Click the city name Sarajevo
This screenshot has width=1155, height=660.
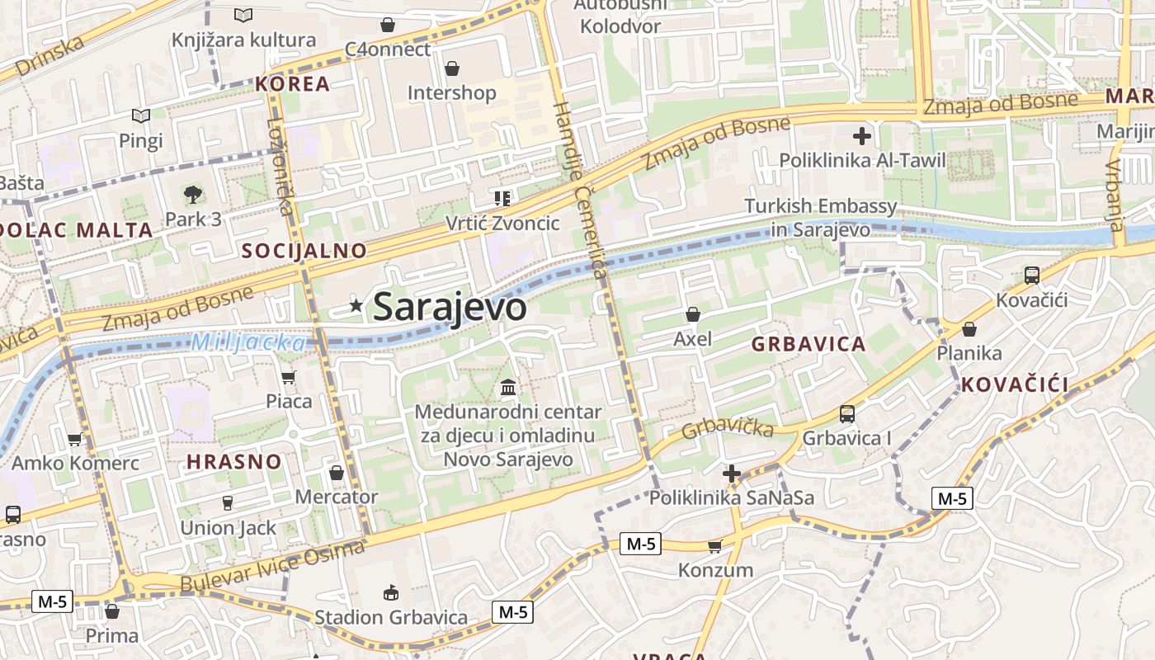[x=450, y=307]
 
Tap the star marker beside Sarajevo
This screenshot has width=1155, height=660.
[x=356, y=305]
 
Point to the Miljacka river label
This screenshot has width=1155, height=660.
[x=248, y=342]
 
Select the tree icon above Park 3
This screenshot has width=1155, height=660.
[x=193, y=195]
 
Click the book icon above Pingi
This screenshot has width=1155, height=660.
[x=141, y=116]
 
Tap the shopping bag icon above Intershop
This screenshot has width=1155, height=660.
[x=451, y=68]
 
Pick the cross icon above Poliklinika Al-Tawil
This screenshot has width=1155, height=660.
[x=862, y=135]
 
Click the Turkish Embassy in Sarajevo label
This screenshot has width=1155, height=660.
[x=820, y=218]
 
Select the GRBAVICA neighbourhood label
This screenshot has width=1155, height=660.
[x=808, y=344]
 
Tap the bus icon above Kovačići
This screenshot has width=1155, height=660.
[x=1031, y=276]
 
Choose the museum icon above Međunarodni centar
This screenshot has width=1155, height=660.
[x=508, y=387]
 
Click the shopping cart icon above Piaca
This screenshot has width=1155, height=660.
[x=288, y=378]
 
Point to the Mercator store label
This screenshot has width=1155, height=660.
[x=337, y=497]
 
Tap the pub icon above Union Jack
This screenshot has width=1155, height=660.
[x=228, y=502]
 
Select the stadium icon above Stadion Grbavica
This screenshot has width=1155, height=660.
[x=391, y=592]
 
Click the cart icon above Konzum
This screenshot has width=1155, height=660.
[x=715, y=546]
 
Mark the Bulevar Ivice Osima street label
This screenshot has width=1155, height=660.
[x=272, y=566]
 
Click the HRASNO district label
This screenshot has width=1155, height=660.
[x=234, y=461]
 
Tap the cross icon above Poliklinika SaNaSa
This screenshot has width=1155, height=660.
[x=731, y=474]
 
